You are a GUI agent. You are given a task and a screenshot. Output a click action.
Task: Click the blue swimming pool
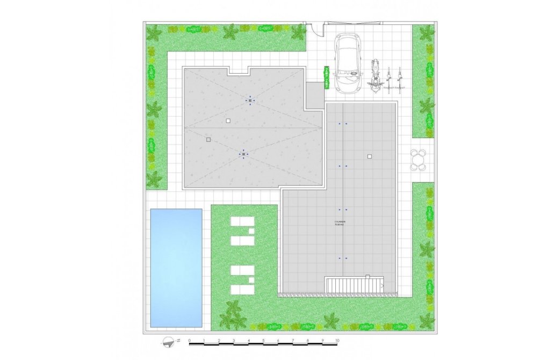coord(176,268)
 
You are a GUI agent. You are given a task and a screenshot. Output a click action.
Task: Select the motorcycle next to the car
coord(376,76)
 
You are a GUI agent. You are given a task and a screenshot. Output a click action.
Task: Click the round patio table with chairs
coord(419,160)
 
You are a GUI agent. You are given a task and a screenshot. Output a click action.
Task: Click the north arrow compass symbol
coord(171,341)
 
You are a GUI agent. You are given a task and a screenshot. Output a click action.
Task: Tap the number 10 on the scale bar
coord(337,341)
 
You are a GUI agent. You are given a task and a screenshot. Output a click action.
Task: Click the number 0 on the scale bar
coord(190,341)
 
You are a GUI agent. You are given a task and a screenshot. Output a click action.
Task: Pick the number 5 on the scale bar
coord(263,341)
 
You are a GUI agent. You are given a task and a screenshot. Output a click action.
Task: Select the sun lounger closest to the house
coord(243,221)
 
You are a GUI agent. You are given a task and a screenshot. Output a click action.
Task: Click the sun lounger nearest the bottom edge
coord(243,290)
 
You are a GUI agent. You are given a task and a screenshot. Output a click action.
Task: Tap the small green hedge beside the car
coord(326,77)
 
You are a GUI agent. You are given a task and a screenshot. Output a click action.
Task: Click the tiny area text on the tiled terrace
coord(340,223)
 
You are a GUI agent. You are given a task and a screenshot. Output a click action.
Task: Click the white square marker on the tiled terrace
coord(369,156)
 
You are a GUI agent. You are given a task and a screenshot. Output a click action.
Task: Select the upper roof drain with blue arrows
coord(250,100)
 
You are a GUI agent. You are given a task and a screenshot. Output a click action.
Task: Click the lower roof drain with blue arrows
coord(243,154)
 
